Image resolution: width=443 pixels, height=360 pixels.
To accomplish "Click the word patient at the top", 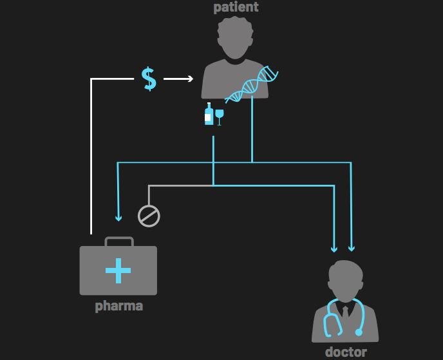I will click(236, 7).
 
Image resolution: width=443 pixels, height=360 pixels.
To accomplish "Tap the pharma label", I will click(118, 306).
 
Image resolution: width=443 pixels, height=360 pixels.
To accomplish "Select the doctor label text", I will click(346, 352).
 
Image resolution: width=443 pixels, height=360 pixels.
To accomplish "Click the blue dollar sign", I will click(149, 79).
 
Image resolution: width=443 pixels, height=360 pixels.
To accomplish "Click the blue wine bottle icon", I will click(209, 114).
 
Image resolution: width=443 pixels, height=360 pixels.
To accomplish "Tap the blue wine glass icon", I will click(220, 117).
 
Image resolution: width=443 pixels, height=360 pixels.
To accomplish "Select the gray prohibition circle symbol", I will click(149, 216).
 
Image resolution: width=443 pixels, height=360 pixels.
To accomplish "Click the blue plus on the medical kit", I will click(118, 270).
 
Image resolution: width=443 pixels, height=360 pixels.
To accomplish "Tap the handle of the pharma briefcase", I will click(118, 241).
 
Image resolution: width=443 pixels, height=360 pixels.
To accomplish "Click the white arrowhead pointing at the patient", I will click(189, 79).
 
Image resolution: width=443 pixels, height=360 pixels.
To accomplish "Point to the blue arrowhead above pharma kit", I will click(118, 216).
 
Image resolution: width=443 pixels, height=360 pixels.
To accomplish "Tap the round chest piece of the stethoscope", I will click(359, 332).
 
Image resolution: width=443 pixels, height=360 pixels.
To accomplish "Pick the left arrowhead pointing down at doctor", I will click(334, 248).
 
